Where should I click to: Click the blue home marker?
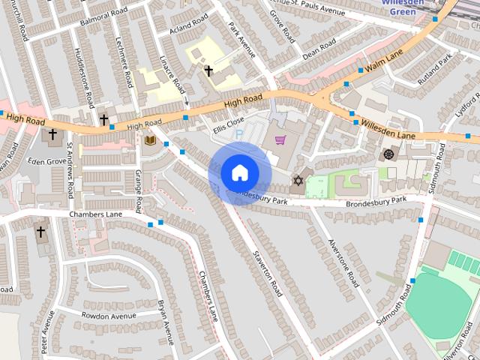coord(239,173)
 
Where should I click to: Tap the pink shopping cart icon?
coord(280,140)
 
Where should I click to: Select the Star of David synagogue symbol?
coord(298,181)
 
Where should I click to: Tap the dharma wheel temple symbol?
coord(388,154)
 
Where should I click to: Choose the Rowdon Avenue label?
coord(109,316)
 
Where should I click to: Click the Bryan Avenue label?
coord(166,323)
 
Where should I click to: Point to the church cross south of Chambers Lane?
coord(40,232)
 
